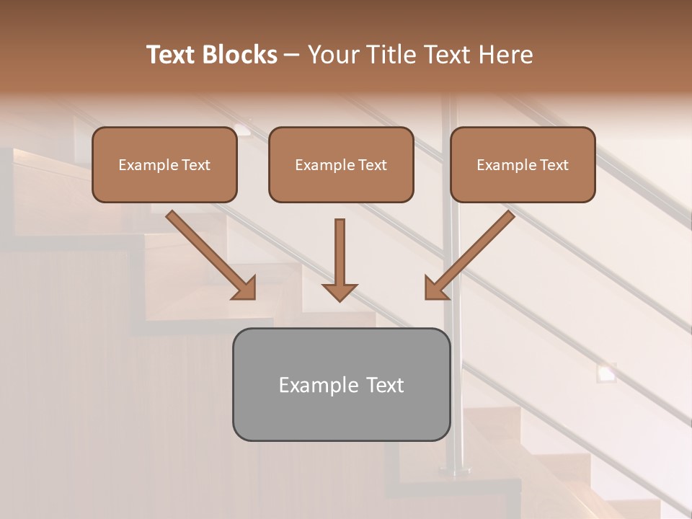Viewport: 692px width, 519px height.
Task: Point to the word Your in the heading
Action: (333, 55)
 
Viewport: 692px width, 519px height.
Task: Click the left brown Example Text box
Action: (164, 164)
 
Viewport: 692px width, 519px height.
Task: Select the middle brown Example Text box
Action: (341, 164)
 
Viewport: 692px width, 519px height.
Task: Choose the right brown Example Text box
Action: (523, 164)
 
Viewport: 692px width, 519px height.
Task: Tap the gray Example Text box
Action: (341, 384)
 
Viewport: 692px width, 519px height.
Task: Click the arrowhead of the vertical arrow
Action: (340, 291)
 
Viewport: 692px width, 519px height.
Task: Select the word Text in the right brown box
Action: (554, 165)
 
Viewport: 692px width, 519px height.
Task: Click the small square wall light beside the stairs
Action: (606, 373)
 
